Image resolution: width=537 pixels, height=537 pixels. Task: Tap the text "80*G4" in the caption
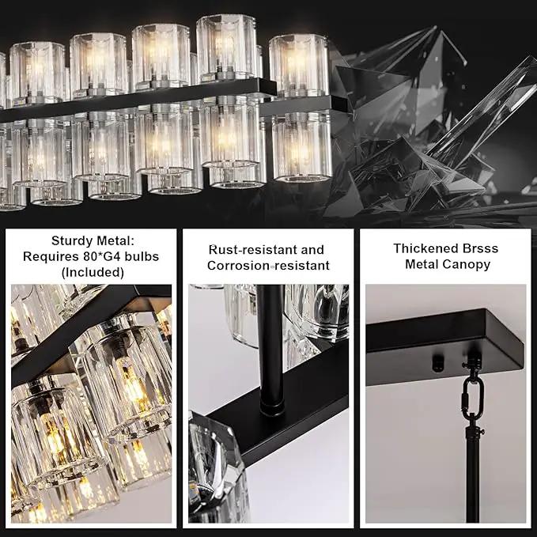[x=102, y=256]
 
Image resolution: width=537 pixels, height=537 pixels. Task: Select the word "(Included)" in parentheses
[x=93, y=272]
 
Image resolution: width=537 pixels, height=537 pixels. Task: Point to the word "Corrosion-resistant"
[x=269, y=266]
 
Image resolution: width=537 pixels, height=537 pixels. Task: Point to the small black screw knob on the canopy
[x=437, y=363]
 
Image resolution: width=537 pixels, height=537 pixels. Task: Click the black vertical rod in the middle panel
[x=270, y=346]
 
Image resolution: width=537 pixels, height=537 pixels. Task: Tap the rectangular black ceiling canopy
[x=444, y=346]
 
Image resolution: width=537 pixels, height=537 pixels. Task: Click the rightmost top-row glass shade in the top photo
[x=299, y=65]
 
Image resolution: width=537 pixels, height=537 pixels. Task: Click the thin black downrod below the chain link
[x=473, y=476]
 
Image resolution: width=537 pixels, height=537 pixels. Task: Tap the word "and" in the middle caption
[x=312, y=250]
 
